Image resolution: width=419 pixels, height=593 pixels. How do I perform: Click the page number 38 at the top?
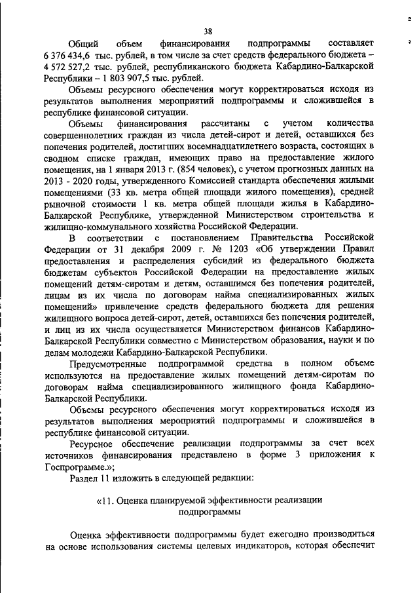(208, 31)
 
